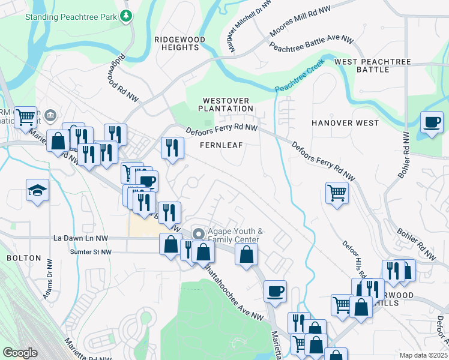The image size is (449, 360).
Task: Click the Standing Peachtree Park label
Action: click(x=70, y=16)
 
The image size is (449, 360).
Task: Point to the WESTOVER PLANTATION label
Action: click(x=228, y=104)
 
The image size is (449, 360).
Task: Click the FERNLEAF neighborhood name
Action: click(x=221, y=145)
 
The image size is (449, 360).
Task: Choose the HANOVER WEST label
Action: click(x=345, y=123)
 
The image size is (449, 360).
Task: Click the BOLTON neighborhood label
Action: click(x=23, y=258)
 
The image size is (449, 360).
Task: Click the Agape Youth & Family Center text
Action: click(x=235, y=236)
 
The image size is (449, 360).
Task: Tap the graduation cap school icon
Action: click(x=37, y=191)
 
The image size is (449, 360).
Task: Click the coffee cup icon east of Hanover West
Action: click(x=432, y=122)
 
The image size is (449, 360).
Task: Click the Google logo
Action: click(x=20, y=353)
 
